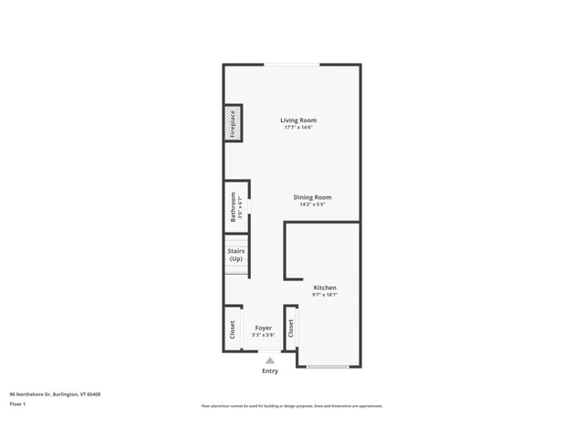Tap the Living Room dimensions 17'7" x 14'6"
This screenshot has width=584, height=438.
[298, 128]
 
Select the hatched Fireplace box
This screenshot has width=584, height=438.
[233, 125]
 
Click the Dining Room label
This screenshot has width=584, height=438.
[312, 197]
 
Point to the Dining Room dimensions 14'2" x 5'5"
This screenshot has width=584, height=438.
[312, 204]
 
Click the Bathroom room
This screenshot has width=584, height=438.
[235, 207]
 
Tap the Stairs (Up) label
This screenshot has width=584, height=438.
[235, 255]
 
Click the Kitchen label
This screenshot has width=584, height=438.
[325, 287]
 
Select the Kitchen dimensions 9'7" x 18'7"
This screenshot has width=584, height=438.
[325, 295]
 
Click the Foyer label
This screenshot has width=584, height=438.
[264, 327]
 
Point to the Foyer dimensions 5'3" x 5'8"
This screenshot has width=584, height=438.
[264, 334]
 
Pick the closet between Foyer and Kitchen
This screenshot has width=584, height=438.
[290, 328]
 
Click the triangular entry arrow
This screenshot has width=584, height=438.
[269, 360]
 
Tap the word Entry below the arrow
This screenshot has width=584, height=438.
[270, 370]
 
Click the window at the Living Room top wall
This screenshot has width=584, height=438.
[292, 64]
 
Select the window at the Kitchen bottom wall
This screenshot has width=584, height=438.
[328, 367]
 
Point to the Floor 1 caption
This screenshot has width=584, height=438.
[18, 403]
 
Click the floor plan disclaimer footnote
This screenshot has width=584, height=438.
[292, 406]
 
